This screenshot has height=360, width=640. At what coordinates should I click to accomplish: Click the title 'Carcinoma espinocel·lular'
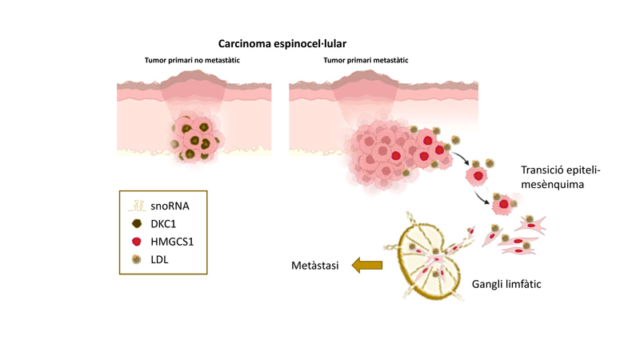pyautogui.click(x=282, y=44)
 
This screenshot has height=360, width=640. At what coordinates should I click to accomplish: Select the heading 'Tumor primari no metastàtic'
pyautogui.click(x=192, y=61)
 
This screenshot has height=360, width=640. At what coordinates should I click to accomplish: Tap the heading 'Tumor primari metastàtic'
pyautogui.click(x=366, y=61)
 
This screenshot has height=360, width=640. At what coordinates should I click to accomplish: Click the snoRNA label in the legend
pyautogui.click(x=170, y=206)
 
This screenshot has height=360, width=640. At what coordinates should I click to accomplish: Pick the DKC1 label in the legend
pyautogui.click(x=163, y=224)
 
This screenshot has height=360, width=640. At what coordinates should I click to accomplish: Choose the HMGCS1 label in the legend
pyautogui.click(x=172, y=242)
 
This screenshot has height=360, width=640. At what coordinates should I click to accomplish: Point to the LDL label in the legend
pyautogui.click(x=159, y=259)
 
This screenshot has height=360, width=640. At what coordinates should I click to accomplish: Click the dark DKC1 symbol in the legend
pyautogui.click(x=137, y=223)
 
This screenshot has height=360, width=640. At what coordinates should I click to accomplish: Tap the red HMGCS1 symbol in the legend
pyautogui.click(x=137, y=242)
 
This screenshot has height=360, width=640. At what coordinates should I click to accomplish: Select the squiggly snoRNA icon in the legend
pyautogui.click(x=137, y=206)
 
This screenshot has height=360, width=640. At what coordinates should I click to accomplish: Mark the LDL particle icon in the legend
pyautogui.click(x=137, y=259)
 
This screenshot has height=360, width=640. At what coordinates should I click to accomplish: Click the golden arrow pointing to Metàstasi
pyautogui.click(x=367, y=266)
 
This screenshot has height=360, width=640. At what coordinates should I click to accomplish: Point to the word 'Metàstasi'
pyautogui.click(x=315, y=266)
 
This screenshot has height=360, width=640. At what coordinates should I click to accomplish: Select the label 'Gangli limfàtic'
pyautogui.click(x=506, y=284)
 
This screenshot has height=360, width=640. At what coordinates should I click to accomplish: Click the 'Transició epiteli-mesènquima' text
pyautogui.click(x=561, y=177)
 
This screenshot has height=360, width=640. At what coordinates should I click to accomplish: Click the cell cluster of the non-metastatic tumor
pyautogui.click(x=195, y=138)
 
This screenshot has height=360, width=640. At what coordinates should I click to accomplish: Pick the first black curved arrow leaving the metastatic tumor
pyautogui.click(x=460, y=158)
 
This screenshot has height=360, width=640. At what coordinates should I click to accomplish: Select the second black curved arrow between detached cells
pyautogui.click(x=482, y=197)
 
